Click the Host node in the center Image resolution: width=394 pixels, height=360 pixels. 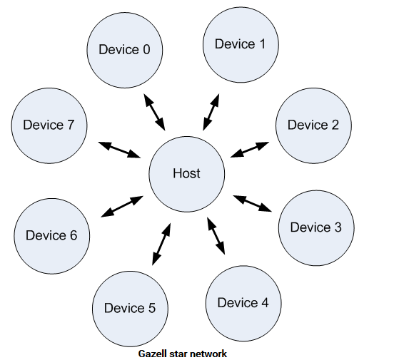click(x=187, y=174)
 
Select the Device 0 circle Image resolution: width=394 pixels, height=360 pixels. click(x=125, y=50)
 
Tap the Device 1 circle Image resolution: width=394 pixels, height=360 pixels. click(x=241, y=45)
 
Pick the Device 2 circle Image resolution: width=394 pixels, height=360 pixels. click(x=313, y=125)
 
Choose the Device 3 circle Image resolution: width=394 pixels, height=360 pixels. click(x=316, y=227)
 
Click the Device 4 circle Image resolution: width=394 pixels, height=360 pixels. click(x=243, y=303)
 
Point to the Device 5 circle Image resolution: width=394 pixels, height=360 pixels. click(x=130, y=309)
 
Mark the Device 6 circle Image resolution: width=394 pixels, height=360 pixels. click(x=52, y=236)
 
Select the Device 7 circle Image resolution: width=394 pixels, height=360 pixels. click(x=49, y=125)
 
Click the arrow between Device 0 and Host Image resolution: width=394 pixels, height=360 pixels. click(x=154, y=112)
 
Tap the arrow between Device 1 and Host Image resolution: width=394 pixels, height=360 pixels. click(x=211, y=112)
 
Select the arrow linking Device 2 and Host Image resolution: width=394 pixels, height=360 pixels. click(x=250, y=150)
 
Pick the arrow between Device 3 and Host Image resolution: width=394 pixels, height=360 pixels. click(x=253, y=204)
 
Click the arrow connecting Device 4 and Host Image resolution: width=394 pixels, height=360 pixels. click(x=216, y=236)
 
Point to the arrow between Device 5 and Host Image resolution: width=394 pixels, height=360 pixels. click(x=161, y=244)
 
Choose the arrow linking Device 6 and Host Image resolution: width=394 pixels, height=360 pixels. click(x=122, y=207)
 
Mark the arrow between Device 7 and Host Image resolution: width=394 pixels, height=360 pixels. click(x=119, y=150)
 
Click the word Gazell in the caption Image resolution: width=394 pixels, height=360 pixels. click(x=153, y=354)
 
